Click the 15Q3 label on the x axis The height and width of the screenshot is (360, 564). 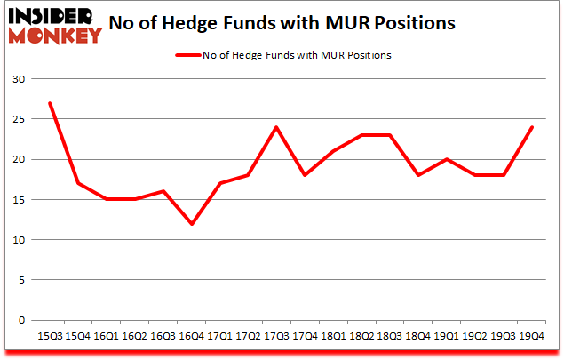(x=50, y=336)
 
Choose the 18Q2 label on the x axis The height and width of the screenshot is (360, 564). (x=361, y=336)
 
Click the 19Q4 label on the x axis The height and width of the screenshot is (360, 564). (x=532, y=336)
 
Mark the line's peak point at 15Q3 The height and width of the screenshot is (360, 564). (x=50, y=103)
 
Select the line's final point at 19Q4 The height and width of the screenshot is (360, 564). (x=532, y=127)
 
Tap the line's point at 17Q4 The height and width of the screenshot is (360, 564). (x=305, y=175)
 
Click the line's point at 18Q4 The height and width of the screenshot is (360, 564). (x=418, y=175)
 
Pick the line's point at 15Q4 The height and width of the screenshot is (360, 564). (x=78, y=183)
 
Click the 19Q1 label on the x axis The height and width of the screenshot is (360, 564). (x=447, y=336)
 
